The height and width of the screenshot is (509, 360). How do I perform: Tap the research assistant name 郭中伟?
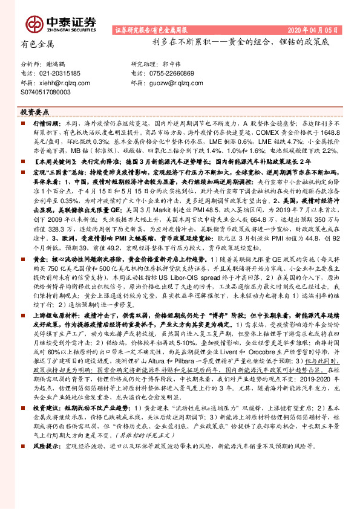tap(172, 63)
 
